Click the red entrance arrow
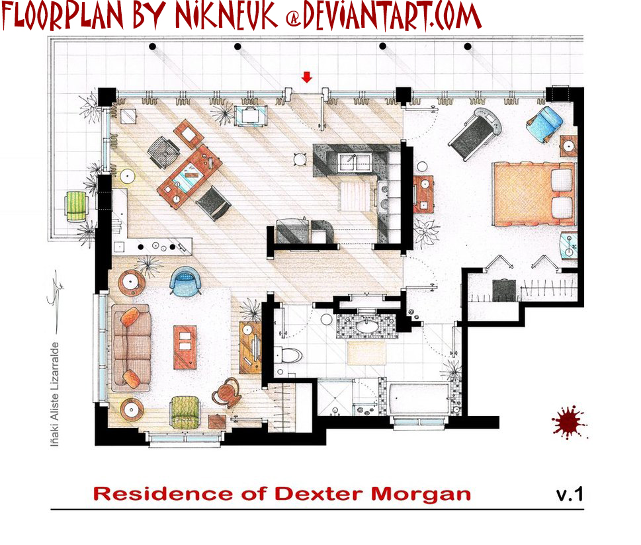pos(306,77)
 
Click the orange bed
pos(534,194)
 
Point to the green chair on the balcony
pos(77,206)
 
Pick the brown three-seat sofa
pos(131,347)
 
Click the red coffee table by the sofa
pos(185,347)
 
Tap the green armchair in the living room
pos(185,412)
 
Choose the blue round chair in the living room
pos(185,280)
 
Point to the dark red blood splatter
pos(569,423)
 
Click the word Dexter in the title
pos(319,494)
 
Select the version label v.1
pos(570,494)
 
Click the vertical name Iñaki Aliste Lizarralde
pos(55,394)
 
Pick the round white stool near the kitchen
pos(300,159)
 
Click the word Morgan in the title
pos(421,495)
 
